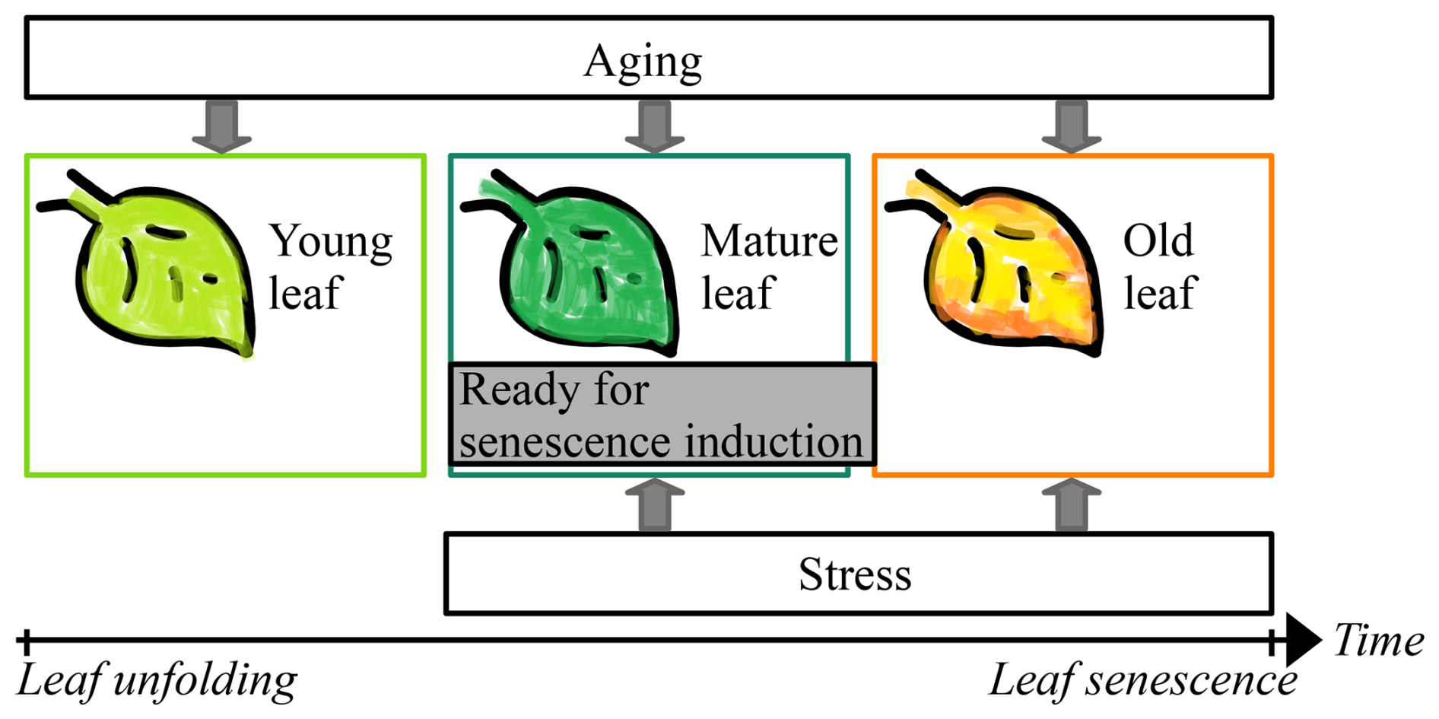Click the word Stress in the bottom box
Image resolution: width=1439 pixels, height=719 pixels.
[x=854, y=574]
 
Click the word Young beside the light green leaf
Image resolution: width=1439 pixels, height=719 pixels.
[x=331, y=242]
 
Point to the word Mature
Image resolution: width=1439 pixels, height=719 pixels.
[x=769, y=241]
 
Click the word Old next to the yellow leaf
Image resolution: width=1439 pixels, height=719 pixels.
[x=1158, y=241]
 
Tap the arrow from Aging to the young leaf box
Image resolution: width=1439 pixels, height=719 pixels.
[x=221, y=126]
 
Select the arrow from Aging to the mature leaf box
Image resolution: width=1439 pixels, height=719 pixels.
[x=654, y=126]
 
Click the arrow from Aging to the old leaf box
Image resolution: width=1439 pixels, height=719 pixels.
[x=1071, y=126]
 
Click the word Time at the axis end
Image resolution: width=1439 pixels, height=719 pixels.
[x=1378, y=640]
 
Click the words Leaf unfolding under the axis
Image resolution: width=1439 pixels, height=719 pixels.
[x=157, y=680]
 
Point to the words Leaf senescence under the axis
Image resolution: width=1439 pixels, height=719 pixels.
[x=1142, y=680]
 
